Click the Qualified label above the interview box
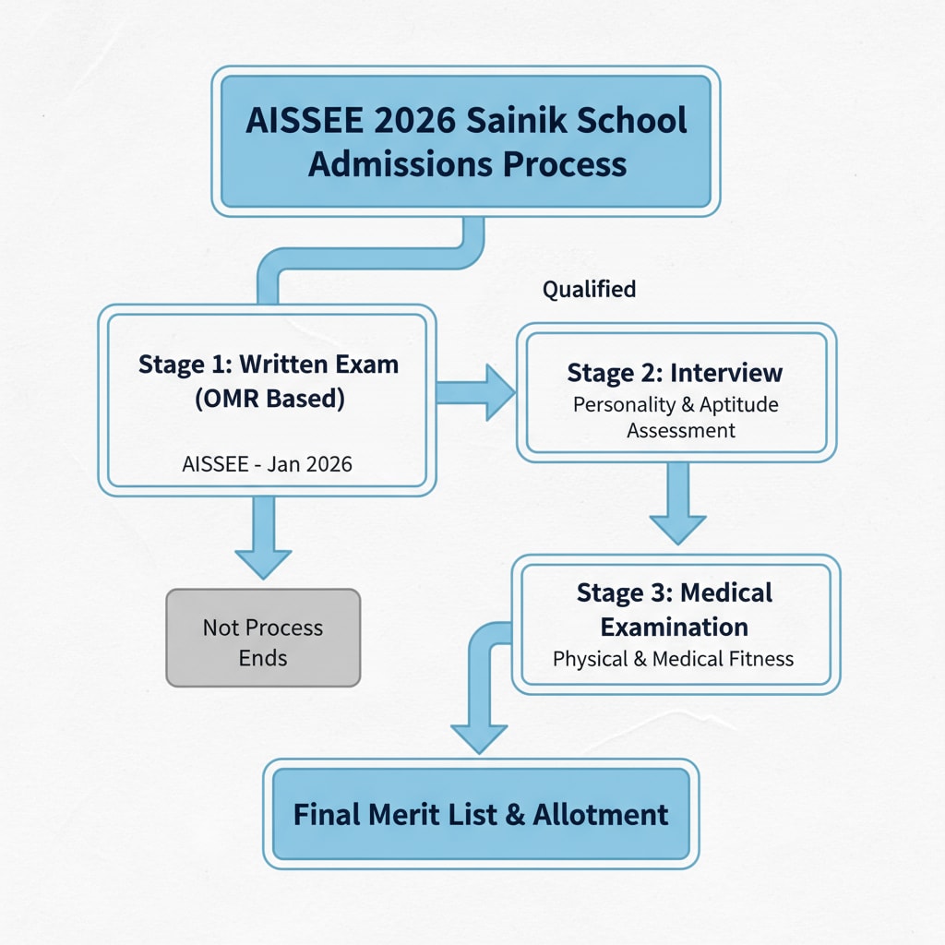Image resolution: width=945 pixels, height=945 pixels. (589, 289)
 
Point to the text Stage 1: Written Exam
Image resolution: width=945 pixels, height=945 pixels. (269, 364)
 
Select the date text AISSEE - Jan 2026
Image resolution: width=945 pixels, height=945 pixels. (268, 463)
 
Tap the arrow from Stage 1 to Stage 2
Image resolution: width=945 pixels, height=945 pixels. (474, 392)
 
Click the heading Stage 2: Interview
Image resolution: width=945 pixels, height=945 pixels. (675, 373)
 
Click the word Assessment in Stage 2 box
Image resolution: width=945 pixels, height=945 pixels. (681, 430)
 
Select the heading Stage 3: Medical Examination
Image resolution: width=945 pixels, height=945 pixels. (675, 609)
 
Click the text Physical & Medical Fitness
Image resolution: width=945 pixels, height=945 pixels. (673, 659)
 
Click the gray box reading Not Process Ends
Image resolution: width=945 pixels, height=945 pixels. (263, 638)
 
